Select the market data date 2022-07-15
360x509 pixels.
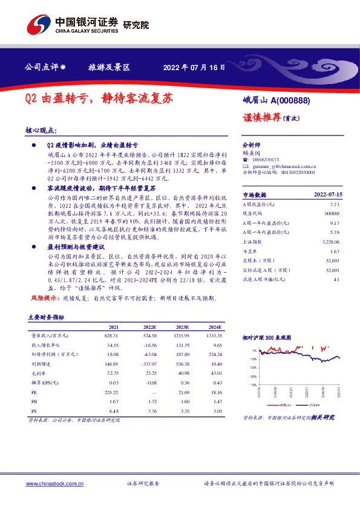pos(328,195)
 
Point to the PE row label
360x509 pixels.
pos(34,392)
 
